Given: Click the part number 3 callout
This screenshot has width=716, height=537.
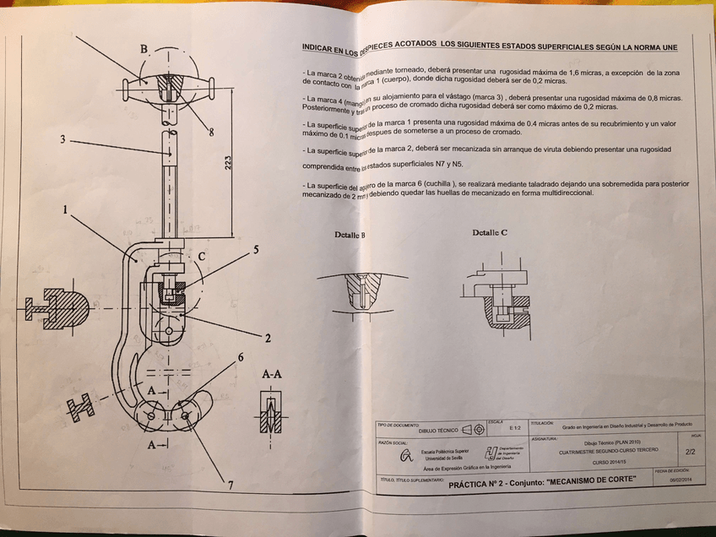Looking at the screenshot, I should (63, 140).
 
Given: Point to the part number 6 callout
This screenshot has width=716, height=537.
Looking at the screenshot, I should (240, 358).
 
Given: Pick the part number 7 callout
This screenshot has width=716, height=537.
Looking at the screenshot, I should (229, 484).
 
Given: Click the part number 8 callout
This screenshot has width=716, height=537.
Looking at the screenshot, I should (210, 132).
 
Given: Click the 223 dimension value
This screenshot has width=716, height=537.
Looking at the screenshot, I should (229, 165).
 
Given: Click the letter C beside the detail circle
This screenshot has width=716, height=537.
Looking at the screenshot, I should (201, 256).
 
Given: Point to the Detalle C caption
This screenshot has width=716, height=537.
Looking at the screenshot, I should (490, 232).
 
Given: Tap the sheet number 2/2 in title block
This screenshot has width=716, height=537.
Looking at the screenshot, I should (690, 452).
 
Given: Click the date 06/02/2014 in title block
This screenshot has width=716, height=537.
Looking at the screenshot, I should (681, 480).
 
